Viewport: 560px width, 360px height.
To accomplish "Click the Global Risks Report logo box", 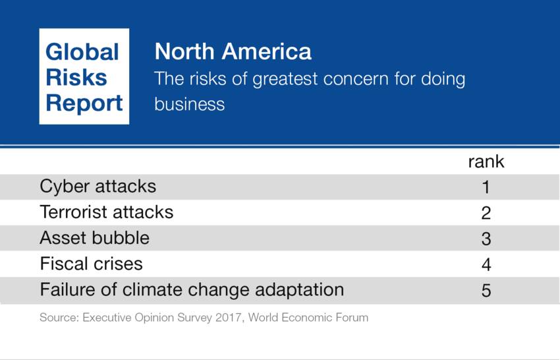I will [x=84, y=76].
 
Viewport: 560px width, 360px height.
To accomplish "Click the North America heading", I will [x=233, y=51].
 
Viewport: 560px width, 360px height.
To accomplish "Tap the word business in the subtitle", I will [x=189, y=105].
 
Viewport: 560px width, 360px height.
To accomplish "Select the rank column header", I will [x=486, y=162].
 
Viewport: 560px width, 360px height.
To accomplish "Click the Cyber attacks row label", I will [x=98, y=187].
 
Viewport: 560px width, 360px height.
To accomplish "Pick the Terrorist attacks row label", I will [x=107, y=212].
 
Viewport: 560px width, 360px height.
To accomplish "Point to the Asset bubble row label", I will [x=94, y=238].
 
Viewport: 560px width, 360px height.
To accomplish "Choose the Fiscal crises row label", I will [x=91, y=264].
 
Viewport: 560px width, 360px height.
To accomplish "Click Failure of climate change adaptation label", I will [x=192, y=290].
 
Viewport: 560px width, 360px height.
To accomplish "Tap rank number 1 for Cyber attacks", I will [x=486, y=188].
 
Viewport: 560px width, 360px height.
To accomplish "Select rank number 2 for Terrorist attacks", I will [x=486, y=213].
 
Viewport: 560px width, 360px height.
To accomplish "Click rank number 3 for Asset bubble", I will [x=486, y=239].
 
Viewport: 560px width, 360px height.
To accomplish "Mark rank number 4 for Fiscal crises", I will [x=486, y=264].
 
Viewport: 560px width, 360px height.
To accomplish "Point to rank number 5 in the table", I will [x=486, y=291].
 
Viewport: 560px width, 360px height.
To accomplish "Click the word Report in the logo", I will [x=84, y=104].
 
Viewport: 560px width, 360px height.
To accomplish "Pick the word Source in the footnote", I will [x=55, y=318].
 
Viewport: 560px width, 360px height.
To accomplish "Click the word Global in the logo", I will [x=82, y=52].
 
